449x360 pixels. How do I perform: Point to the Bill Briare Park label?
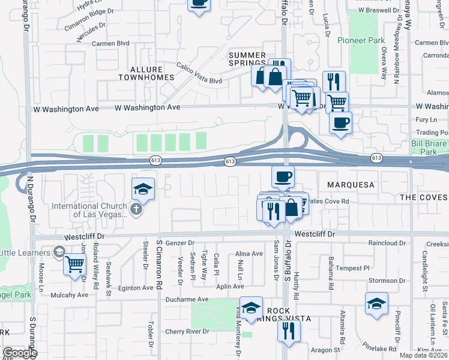(429, 148)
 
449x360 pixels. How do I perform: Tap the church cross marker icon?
(136, 209)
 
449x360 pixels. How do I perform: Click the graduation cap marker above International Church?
(143, 190)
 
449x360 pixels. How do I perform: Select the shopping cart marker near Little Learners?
(74, 263)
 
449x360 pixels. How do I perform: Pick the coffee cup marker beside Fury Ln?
(341, 122)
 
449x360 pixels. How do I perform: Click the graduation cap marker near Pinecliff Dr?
(376, 304)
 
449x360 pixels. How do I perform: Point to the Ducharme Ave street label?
(187, 299)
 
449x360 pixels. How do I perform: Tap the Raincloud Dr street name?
(387, 243)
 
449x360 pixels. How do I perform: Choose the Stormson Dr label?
(387, 280)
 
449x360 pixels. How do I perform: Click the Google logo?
(20, 352)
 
